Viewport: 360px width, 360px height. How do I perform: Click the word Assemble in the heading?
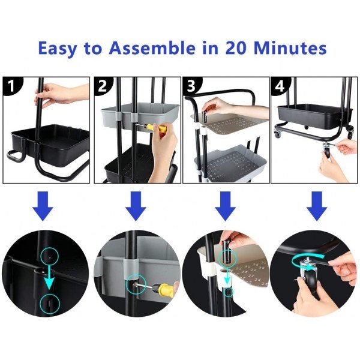(x=152, y=48)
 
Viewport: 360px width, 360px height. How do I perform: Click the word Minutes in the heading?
(x=290, y=48)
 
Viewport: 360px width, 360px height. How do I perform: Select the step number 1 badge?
(x=11, y=86)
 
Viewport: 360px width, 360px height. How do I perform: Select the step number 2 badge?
(x=103, y=86)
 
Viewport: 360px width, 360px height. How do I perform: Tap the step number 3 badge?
(x=191, y=86)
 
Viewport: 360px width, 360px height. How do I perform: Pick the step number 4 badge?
(x=280, y=86)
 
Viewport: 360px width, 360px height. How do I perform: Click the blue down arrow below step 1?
(x=43, y=206)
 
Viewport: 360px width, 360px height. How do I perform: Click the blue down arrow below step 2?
(x=136, y=206)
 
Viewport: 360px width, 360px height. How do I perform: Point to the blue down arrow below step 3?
(x=225, y=206)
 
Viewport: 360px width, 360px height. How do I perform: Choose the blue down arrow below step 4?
(x=317, y=206)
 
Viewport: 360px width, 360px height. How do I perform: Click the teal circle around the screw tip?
(x=136, y=284)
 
